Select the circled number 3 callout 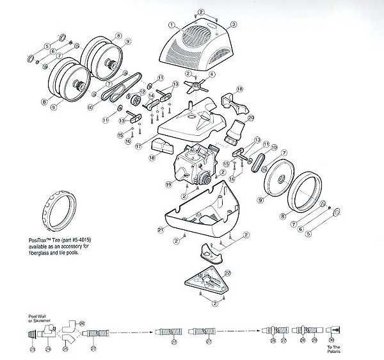pos(234,24)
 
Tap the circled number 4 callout pos(212,75)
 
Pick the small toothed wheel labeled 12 pos(135,103)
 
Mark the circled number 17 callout pos(138,145)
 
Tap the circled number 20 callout pos(251,118)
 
